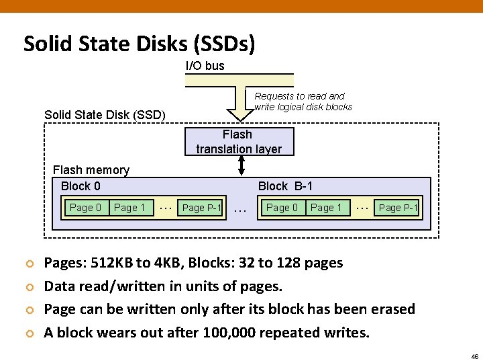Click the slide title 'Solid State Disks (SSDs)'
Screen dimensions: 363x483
tap(139, 44)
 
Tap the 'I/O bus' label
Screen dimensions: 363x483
tap(205, 65)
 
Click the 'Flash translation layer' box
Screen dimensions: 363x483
tap(238, 142)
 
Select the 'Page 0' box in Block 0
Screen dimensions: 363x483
tap(85, 208)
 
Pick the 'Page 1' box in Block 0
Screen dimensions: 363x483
tap(129, 208)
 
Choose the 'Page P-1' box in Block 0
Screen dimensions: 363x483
tap(201, 208)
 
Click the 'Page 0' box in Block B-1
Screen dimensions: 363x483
tap(282, 208)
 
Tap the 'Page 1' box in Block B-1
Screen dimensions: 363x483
tap(326, 208)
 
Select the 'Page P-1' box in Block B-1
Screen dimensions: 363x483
tap(398, 208)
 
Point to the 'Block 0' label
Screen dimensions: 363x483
tap(80, 186)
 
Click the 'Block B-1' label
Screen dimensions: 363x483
tap(285, 186)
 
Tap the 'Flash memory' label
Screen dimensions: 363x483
tap(91, 170)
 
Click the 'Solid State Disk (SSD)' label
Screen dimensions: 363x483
tap(105, 115)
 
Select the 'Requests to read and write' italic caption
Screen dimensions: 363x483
tap(303, 102)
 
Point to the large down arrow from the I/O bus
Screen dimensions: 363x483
tap(239, 97)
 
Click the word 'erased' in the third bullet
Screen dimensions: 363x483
tap(390, 309)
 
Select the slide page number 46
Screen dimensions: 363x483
tap(474, 356)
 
